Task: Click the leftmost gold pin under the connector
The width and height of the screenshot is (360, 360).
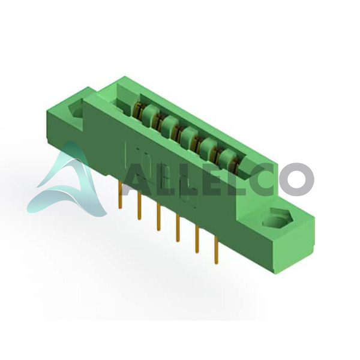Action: tap(120, 194)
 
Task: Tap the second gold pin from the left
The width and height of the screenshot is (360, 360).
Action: tap(139, 206)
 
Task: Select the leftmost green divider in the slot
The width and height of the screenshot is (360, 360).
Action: tap(149, 115)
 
